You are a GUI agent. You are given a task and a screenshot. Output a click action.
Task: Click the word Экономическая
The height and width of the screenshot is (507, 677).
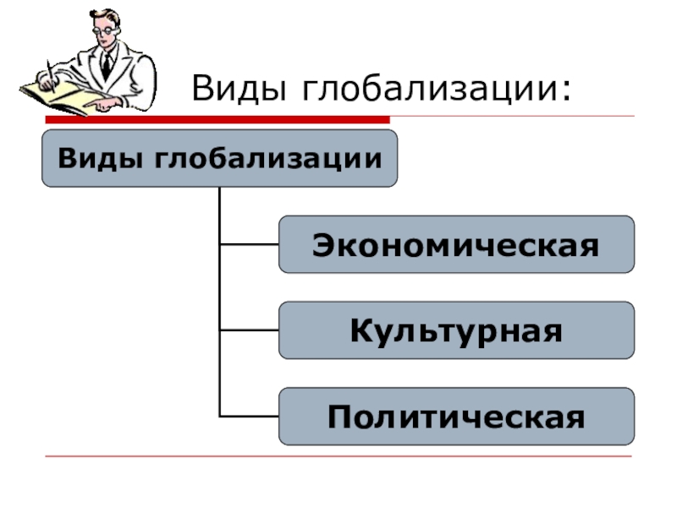pos(455,245)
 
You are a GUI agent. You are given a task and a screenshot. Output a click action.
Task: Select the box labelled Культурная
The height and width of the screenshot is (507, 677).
pos(456,330)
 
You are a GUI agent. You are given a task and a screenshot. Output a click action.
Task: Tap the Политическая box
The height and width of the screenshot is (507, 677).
pos(456,417)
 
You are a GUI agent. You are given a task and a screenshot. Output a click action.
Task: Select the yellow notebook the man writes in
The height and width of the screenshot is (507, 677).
pos(63,95)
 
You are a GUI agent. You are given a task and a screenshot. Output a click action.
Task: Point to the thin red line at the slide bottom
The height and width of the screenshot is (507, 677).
pos(338,457)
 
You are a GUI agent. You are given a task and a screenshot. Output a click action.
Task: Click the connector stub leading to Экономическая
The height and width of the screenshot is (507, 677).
pos(249,244)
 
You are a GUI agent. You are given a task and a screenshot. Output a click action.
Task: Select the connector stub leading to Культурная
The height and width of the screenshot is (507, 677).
pos(249,330)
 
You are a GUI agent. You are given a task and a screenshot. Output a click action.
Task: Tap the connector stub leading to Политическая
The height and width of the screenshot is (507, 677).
pos(249,417)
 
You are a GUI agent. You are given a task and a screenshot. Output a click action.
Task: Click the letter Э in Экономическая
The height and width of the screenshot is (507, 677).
pos(322,245)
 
